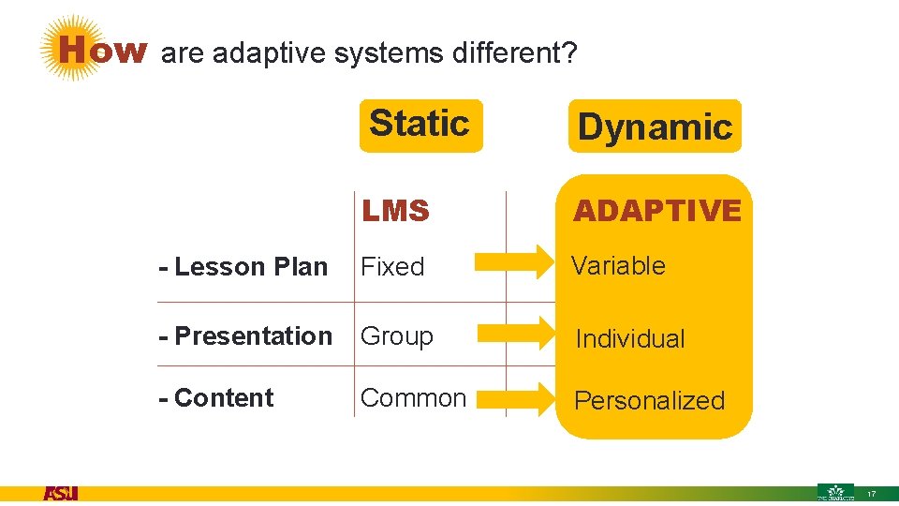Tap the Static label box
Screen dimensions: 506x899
420,125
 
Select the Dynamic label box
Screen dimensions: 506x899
654,126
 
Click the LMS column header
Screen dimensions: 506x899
395,212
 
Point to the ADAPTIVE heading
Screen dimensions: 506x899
656,211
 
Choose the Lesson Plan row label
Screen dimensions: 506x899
243,267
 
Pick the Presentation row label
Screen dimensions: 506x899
245,335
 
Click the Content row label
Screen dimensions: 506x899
216,397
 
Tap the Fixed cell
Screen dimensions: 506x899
392,267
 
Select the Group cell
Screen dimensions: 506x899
397,335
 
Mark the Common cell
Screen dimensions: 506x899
413,397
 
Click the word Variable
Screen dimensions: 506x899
618,265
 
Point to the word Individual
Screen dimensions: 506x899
629,339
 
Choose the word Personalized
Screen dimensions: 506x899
649,400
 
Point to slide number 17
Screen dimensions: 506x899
872,494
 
